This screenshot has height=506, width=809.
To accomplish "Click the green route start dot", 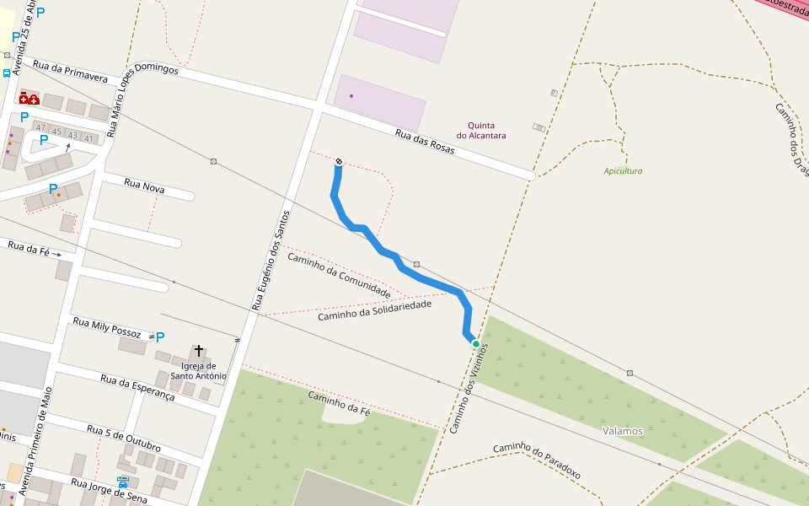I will pyautogui.click(x=476, y=344).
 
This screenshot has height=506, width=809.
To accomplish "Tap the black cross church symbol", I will pyautogui.click(x=199, y=350).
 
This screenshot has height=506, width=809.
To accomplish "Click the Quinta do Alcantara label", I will pyautogui.click(x=481, y=130).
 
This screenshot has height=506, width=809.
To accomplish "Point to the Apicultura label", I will pyautogui.click(x=623, y=171).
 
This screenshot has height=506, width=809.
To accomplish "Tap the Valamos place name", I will pyautogui.click(x=623, y=431).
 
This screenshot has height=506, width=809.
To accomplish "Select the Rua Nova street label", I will pyautogui.click(x=144, y=186).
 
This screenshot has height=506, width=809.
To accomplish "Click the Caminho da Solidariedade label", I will pyautogui.click(x=374, y=310).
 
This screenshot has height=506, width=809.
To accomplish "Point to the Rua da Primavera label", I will pyautogui.click(x=71, y=71).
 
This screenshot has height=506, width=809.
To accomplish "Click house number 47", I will pyautogui.click(x=40, y=128).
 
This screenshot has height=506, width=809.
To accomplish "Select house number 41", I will pyautogui.click(x=89, y=138).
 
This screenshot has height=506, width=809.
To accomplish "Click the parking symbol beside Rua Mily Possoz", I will pyautogui.click(x=160, y=337).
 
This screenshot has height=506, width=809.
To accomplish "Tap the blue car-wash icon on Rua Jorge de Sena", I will pyautogui.click(x=124, y=482).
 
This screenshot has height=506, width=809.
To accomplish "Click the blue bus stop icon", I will pyautogui.click(x=7, y=73).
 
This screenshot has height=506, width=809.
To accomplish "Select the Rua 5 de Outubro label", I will pyautogui.click(x=124, y=438).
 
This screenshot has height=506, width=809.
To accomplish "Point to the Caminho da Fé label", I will pyautogui.click(x=340, y=402).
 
